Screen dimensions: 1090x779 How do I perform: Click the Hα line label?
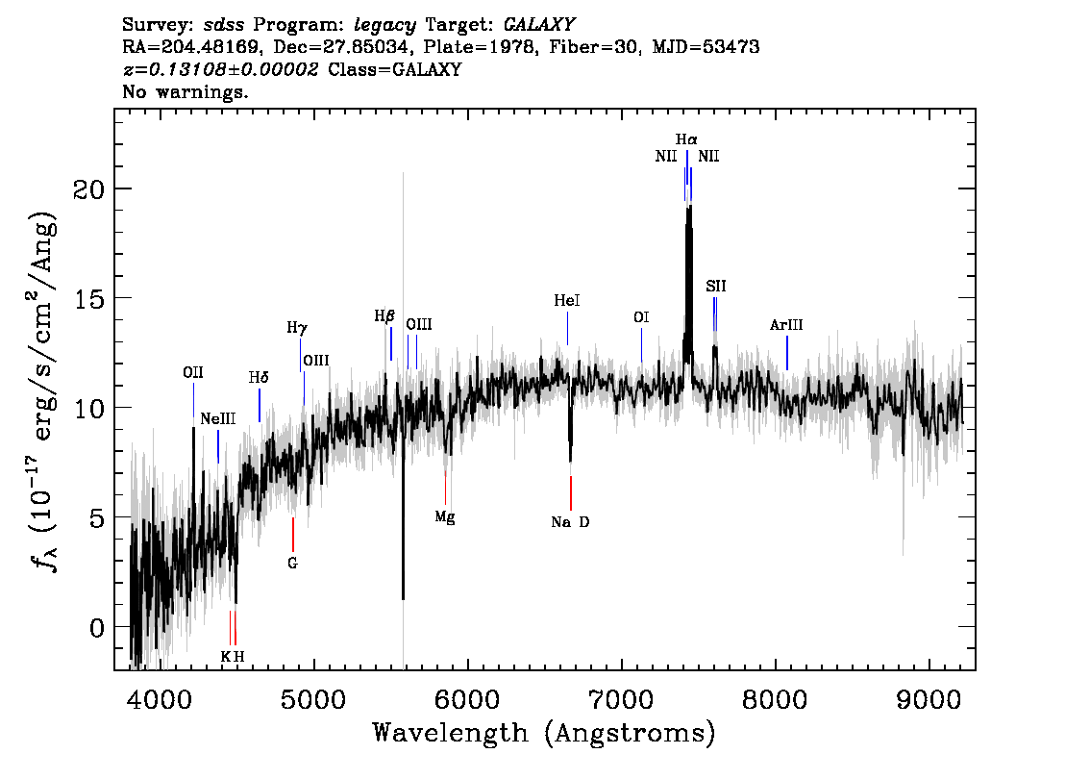(x=686, y=139)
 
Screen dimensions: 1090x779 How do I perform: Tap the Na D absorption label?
(x=570, y=522)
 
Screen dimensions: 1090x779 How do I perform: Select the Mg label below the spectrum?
(x=445, y=517)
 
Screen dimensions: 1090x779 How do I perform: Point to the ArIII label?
(x=786, y=325)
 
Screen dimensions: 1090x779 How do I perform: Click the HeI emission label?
(x=566, y=300)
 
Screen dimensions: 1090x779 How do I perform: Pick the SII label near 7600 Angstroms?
(x=716, y=286)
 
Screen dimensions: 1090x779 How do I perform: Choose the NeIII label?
(x=217, y=418)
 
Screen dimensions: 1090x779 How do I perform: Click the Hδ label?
(x=259, y=378)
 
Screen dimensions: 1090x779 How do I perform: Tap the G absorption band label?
(x=292, y=564)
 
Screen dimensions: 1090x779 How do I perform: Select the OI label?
(x=641, y=317)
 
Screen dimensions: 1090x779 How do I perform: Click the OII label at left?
(x=193, y=373)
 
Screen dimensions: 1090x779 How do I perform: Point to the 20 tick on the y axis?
(x=89, y=189)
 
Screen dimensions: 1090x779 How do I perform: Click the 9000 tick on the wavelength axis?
(x=929, y=699)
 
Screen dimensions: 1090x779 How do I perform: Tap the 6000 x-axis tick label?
(x=468, y=699)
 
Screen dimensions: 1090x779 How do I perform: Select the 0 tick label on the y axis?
(x=97, y=628)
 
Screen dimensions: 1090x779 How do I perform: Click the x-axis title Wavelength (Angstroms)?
(x=544, y=733)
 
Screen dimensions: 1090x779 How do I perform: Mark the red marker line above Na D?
(x=571, y=493)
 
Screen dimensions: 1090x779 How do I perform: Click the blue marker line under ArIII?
(x=787, y=353)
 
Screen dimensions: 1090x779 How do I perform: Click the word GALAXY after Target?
(x=538, y=25)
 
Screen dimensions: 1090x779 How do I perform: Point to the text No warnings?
(x=185, y=91)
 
